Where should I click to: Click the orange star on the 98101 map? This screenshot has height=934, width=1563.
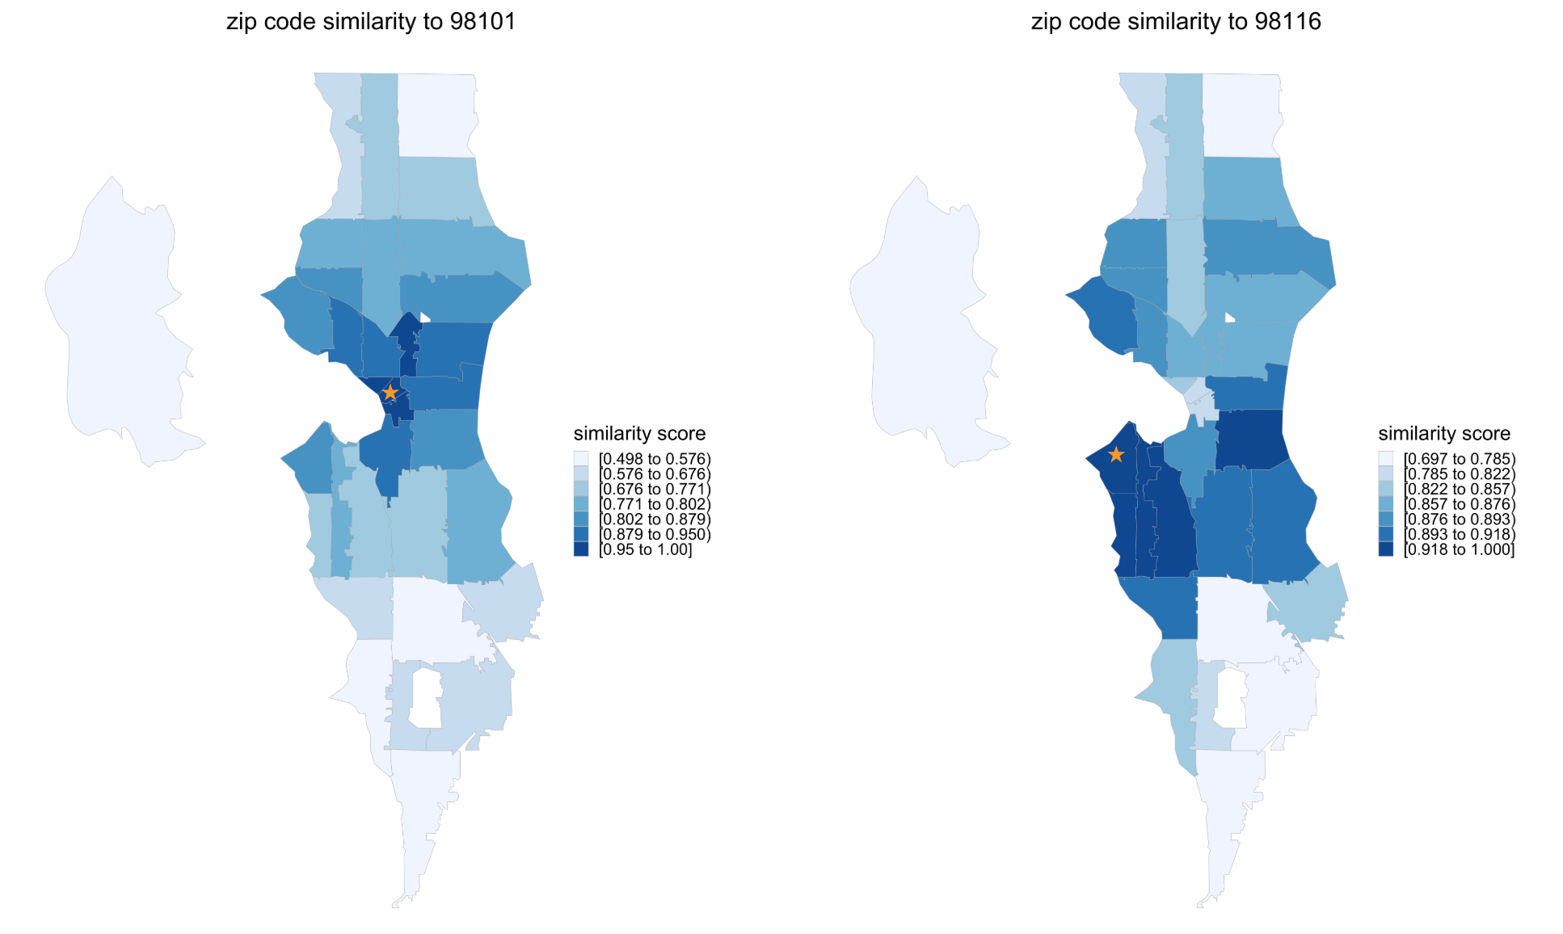click(x=390, y=393)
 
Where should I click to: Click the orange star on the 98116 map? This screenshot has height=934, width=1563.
click(x=1115, y=455)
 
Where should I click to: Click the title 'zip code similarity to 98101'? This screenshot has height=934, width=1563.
click(x=371, y=22)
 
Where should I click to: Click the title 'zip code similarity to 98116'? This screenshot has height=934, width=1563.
click(x=1175, y=22)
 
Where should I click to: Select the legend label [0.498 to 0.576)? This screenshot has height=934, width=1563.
click(x=655, y=459)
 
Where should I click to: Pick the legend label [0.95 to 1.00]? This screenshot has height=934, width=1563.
click(x=645, y=550)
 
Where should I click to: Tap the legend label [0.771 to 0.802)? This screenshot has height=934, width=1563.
click(x=655, y=504)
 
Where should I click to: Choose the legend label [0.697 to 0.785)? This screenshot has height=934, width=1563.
click(x=1459, y=459)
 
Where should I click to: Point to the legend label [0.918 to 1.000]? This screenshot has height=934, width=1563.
click(x=1459, y=550)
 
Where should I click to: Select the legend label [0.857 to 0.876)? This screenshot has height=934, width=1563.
click(x=1459, y=504)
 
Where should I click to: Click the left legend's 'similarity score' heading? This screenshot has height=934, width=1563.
click(x=639, y=434)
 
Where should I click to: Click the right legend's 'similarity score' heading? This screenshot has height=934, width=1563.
click(x=1443, y=434)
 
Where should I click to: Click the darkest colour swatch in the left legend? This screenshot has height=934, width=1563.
click(x=581, y=549)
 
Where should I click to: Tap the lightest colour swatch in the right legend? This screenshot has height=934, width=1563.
click(x=1385, y=459)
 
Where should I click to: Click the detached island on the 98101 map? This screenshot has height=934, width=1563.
click(x=121, y=323)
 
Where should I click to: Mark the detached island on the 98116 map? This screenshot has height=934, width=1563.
click(x=926, y=323)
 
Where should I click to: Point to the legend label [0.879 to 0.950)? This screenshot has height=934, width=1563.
click(x=655, y=535)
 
